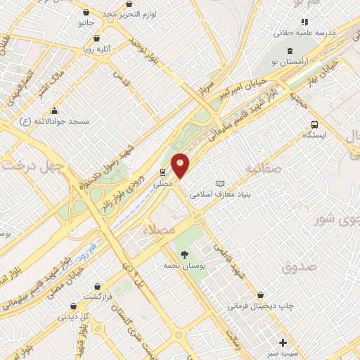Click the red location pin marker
181,165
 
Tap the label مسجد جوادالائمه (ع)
60,122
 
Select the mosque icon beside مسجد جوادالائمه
54,110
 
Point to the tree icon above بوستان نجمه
184,254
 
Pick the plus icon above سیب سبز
283,343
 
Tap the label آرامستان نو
290,63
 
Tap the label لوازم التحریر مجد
139,13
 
